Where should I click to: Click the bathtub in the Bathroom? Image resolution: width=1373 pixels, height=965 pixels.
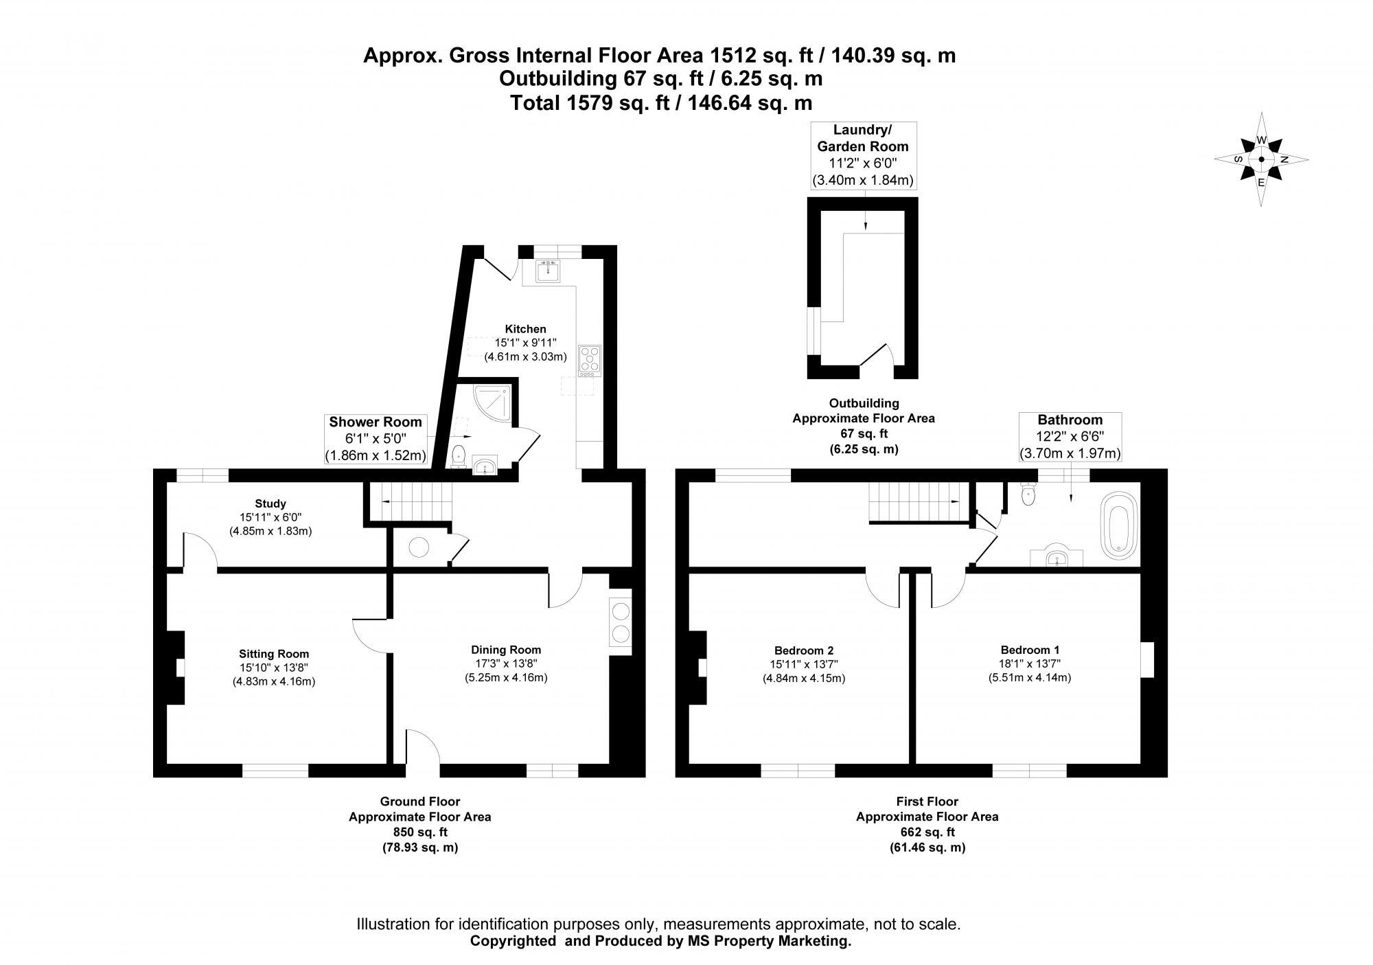click(1119, 524)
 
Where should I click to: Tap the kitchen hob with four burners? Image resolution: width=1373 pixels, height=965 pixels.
click(590, 361)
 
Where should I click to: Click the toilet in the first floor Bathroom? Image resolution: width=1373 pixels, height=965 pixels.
click(1028, 495)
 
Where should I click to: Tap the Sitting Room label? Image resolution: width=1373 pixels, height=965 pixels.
click(274, 654)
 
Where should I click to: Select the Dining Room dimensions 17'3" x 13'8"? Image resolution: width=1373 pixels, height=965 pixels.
click(506, 663)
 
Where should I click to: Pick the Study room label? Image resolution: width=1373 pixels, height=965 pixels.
click(270, 503)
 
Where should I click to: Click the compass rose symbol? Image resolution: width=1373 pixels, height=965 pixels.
click(1261, 159)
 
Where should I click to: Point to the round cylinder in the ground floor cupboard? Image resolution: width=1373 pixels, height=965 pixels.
click(419, 547)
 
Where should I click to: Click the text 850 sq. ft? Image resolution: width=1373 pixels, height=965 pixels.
click(419, 832)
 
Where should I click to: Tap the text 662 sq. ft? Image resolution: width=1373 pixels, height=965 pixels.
click(927, 832)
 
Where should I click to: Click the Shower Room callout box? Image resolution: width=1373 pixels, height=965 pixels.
click(376, 438)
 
